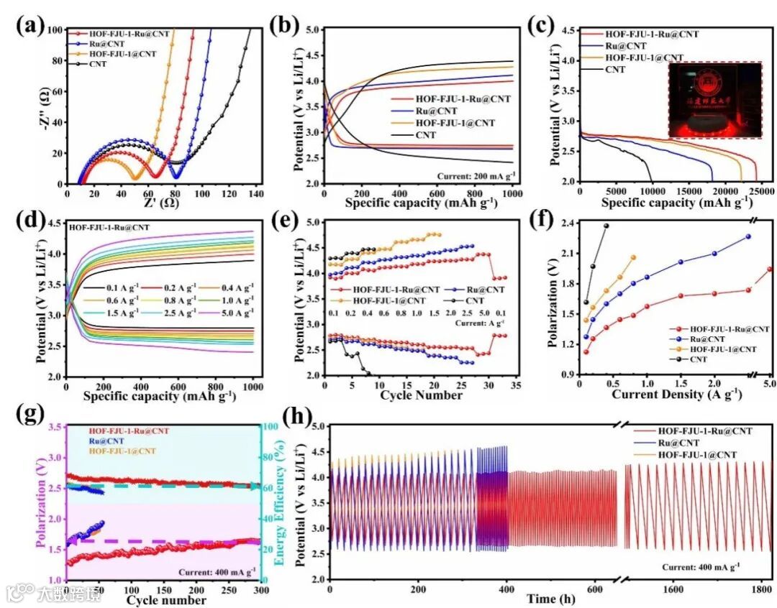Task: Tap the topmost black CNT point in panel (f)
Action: click(606, 226)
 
